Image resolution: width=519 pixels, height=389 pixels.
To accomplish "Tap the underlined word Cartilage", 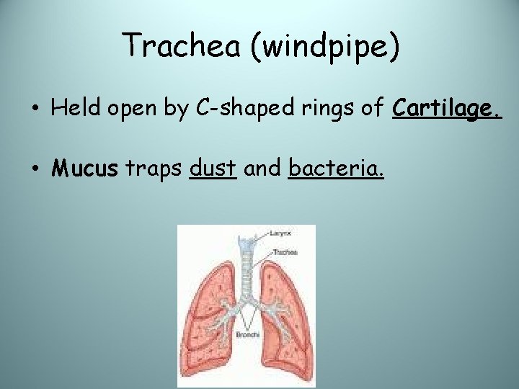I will pyautogui.click(x=447, y=108).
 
